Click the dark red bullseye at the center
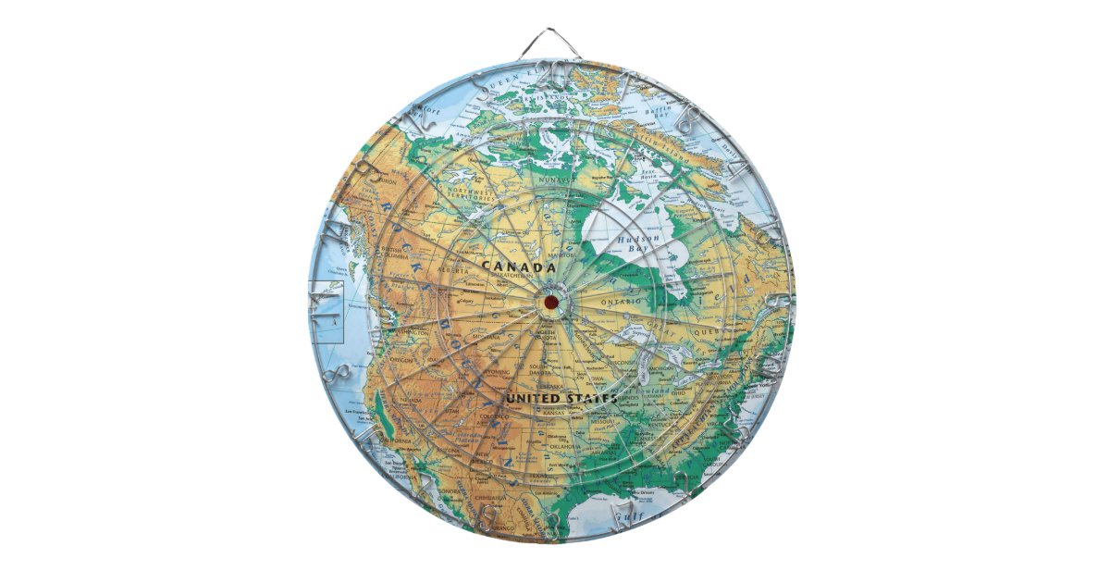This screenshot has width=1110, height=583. tap(550, 302)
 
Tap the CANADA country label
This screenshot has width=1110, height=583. tap(518, 266)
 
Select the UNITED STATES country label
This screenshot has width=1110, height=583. tap(561, 398)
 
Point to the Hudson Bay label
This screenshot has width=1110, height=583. tap(637, 243)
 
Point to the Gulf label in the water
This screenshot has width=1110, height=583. tap(635, 515)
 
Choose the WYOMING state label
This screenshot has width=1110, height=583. tap(495, 371)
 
